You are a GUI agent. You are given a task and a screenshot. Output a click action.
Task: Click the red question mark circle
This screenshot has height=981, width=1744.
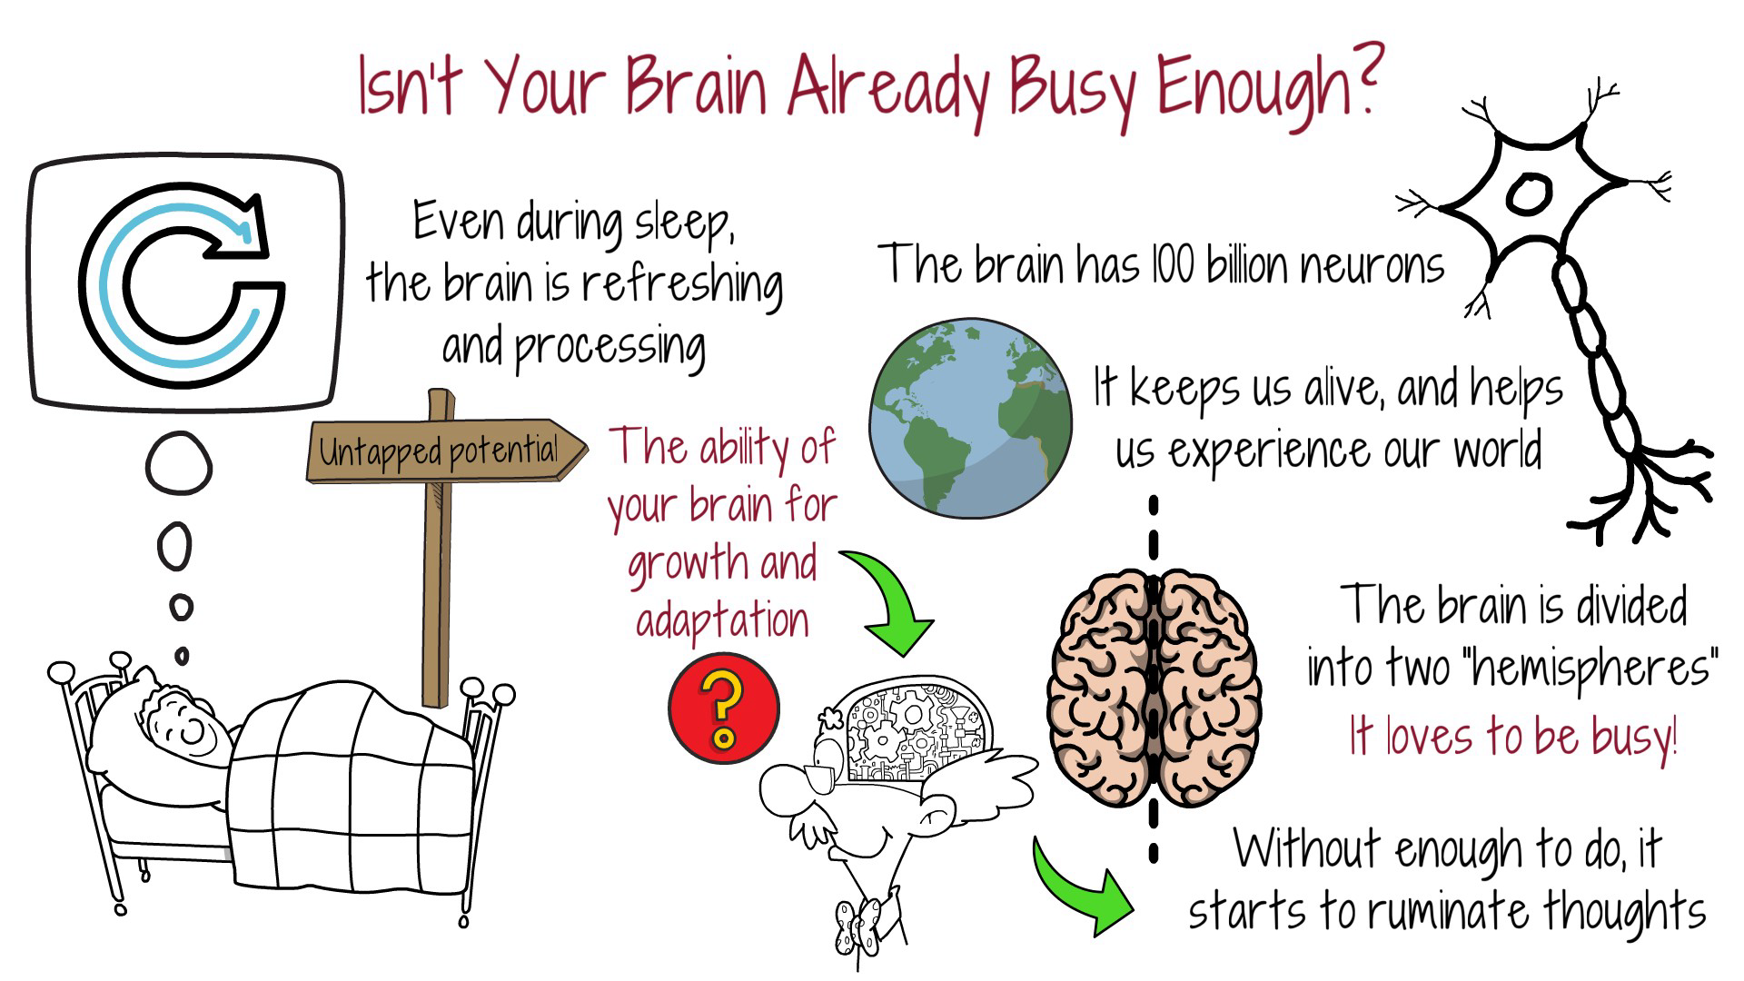[x=724, y=708]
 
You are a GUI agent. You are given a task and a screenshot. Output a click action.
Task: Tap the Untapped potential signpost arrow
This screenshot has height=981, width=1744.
[x=445, y=450]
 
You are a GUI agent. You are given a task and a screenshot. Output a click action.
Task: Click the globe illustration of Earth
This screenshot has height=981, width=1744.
[x=970, y=419]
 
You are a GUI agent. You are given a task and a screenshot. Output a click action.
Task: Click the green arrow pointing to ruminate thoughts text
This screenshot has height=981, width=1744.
[x=1081, y=890]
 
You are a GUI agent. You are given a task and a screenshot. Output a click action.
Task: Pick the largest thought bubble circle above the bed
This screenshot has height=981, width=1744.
[x=179, y=464]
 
